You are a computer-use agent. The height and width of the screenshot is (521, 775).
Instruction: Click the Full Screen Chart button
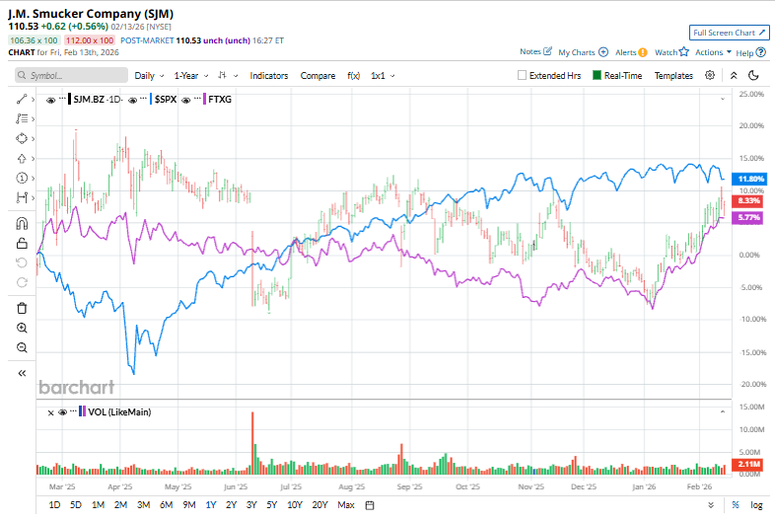(729, 33)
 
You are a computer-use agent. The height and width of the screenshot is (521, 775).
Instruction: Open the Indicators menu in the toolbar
(268, 75)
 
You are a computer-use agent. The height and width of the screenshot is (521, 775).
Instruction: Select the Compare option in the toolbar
(317, 75)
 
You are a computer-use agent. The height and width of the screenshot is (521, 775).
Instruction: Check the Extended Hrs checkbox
(523, 75)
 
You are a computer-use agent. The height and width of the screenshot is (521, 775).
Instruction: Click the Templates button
(673, 75)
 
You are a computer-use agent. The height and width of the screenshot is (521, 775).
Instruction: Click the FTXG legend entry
(219, 100)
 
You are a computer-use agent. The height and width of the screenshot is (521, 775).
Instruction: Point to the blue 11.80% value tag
(751, 178)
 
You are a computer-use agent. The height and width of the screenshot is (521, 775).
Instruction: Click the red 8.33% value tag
(751, 200)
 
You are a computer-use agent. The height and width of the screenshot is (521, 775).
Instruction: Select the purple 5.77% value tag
(751, 217)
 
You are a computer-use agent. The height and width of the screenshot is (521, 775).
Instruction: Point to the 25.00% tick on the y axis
(751, 94)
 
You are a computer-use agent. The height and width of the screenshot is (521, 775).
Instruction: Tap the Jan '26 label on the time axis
(644, 486)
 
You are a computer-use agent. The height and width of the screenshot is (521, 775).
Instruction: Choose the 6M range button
(166, 505)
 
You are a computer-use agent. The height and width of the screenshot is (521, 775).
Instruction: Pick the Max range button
(345, 505)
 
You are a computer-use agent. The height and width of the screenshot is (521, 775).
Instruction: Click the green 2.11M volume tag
(751, 463)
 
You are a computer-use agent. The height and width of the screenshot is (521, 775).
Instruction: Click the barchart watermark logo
(77, 387)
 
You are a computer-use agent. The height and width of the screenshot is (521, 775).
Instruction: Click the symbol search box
(71, 75)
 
